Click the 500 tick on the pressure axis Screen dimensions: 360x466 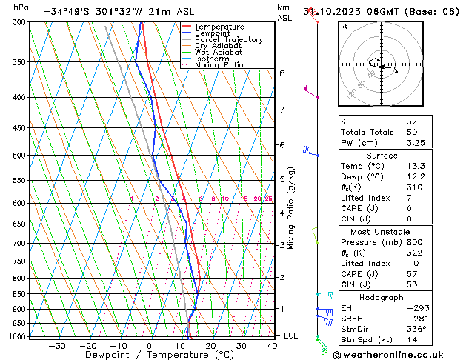(17, 156)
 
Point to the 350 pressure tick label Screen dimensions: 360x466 (17, 62)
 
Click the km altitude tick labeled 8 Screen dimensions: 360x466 (282, 73)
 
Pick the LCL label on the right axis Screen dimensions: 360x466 (291, 336)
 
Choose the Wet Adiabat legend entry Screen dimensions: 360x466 (219, 53)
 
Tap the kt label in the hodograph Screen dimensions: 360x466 (344, 26)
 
